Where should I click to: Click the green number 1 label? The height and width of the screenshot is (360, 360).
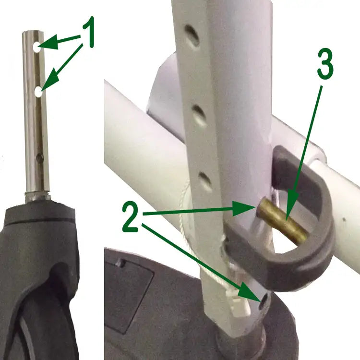click(x=88, y=32)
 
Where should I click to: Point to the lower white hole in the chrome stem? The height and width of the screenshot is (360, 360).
click(x=38, y=92)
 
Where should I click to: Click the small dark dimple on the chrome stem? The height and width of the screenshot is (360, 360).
click(x=40, y=158)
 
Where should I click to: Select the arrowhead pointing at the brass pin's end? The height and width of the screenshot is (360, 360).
click(x=244, y=208)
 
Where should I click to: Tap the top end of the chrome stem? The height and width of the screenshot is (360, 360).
click(x=33, y=32)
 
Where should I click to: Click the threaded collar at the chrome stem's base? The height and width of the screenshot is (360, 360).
click(x=37, y=196)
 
